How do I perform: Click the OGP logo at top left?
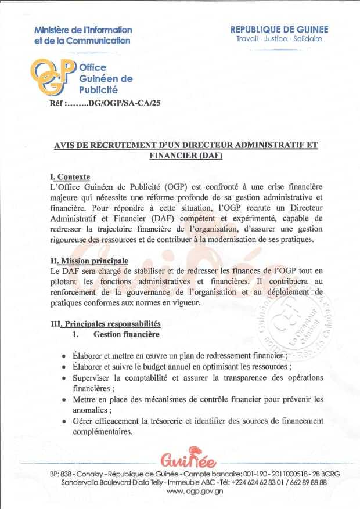pyautogui.click(x=53, y=77)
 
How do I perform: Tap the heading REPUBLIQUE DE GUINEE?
pyautogui.click(x=279, y=29)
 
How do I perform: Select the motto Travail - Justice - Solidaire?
pyautogui.click(x=279, y=39)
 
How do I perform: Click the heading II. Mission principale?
pyautogui.click(x=89, y=261)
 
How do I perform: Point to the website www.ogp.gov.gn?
pyautogui.click(x=183, y=491)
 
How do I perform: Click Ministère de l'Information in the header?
pyautogui.click(x=83, y=30)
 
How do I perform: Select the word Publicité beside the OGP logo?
pyautogui.click(x=98, y=90)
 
